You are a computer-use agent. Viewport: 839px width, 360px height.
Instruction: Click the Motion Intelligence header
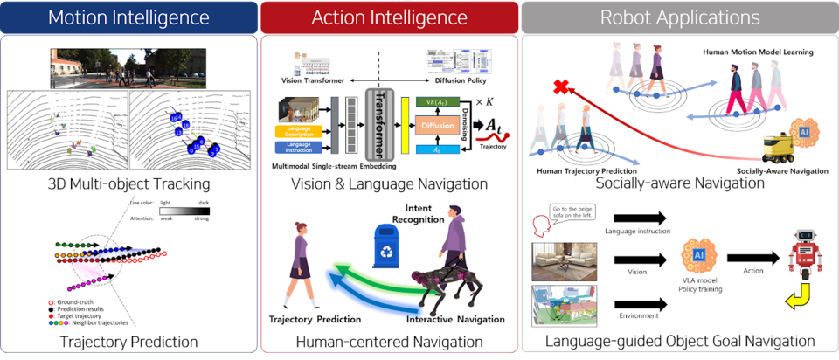[128, 17]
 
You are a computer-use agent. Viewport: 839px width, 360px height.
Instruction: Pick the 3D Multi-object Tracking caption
[128, 184]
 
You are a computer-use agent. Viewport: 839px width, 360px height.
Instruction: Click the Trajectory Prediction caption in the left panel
[128, 342]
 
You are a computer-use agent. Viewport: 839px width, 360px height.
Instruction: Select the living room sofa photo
[563, 260]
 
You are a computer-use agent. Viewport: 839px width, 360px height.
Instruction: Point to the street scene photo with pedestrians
[128, 67]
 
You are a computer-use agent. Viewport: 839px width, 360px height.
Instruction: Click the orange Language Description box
[301, 131]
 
